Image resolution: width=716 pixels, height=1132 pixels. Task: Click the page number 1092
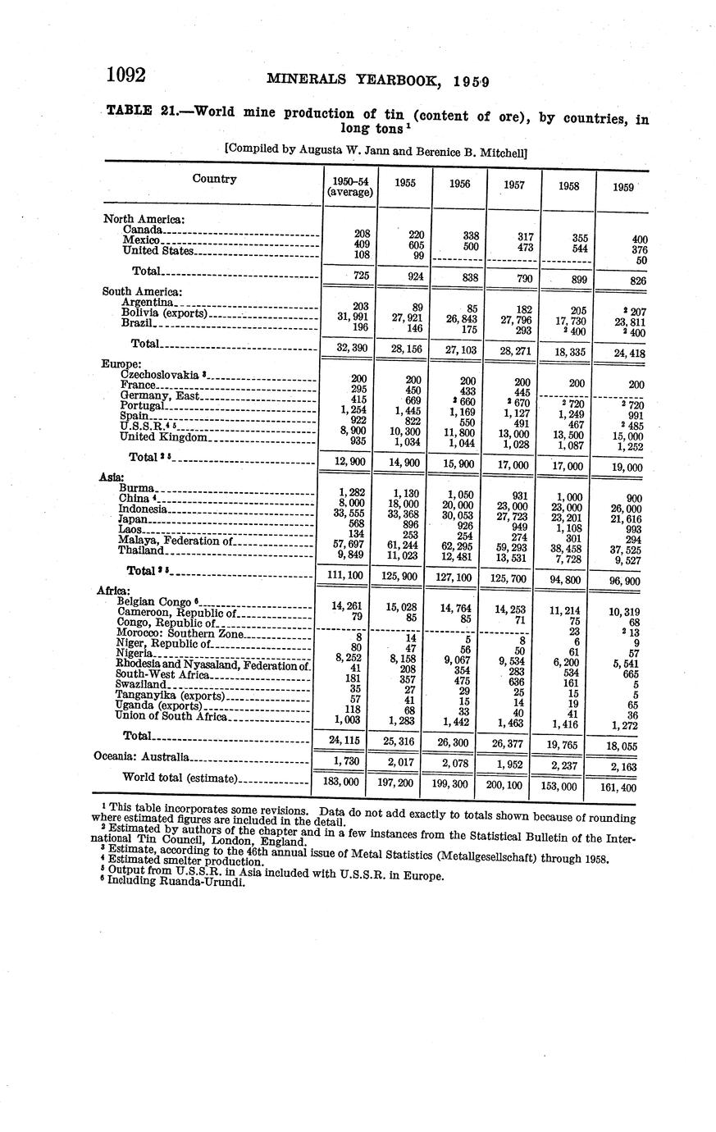click(x=125, y=76)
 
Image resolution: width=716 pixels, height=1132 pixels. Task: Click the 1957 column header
click(x=513, y=185)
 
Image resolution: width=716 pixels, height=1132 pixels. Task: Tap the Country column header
click(x=214, y=179)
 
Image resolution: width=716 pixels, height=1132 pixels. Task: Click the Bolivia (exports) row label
click(x=165, y=313)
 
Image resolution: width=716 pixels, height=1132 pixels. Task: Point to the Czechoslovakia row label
click(x=161, y=375)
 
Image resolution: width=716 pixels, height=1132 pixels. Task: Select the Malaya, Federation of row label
click(x=176, y=541)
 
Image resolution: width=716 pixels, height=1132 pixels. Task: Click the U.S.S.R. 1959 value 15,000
click(x=623, y=436)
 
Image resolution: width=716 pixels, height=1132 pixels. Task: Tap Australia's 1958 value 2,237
click(x=567, y=765)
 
